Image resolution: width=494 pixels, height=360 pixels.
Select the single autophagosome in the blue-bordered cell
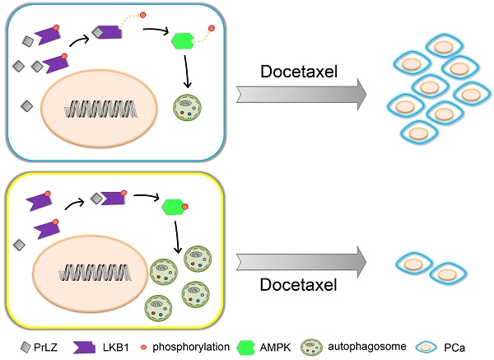click(x=186, y=108)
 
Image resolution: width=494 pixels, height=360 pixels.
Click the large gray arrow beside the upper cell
click(x=296, y=96)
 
